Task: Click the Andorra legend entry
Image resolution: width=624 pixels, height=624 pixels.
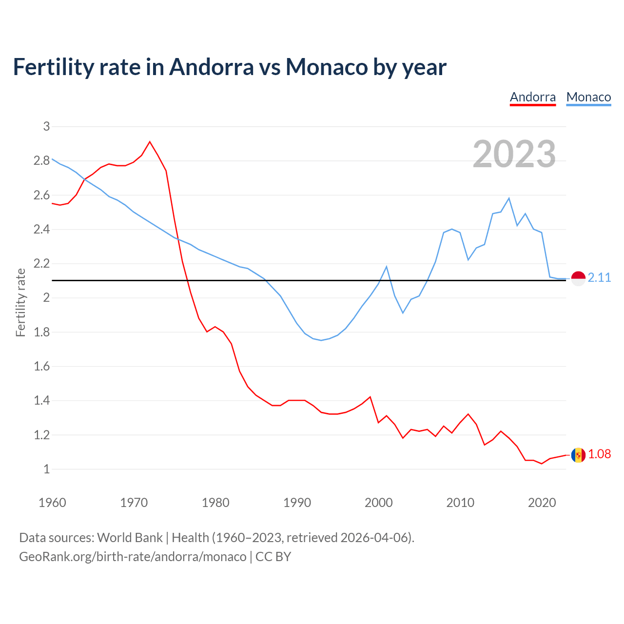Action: pyautogui.click(x=532, y=97)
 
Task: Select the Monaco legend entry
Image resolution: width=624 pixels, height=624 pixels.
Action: pyautogui.click(x=588, y=97)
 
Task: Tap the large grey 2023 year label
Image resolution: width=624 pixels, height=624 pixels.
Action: pyautogui.click(x=514, y=154)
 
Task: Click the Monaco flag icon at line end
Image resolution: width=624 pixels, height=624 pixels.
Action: pyautogui.click(x=578, y=278)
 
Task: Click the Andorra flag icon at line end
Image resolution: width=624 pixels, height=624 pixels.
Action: pyautogui.click(x=578, y=455)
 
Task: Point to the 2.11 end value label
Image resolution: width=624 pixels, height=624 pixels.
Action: pyautogui.click(x=599, y=277)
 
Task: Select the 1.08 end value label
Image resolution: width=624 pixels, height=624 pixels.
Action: pyautogui.click(x=599, y=454)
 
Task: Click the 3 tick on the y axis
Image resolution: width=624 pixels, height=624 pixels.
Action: pyautogui.click(x=46, y=126)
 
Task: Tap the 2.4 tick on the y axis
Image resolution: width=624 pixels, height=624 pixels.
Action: pyautogui.click(x=41, y=229)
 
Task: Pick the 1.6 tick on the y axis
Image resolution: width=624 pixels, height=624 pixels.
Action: pyautogui.click(x=41, y=366)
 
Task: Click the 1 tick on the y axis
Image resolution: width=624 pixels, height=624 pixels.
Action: pyautogui.click(x=46, y=469)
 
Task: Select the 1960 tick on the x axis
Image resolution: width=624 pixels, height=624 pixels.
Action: pyautogui.click(x=52, y=503)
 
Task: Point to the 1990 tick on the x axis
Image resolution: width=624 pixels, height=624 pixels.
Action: pyautogui.click(x=297, y=503)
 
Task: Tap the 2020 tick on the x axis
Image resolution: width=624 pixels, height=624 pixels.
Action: pyautogui.click(x=542, y=503)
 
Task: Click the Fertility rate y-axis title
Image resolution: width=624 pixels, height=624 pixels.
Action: pyautogui.click(x=20, y=302)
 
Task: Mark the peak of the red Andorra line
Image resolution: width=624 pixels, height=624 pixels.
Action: pyautogui.click(x=150, y=142)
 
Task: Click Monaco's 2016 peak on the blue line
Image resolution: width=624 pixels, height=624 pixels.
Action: pyautogui.click(x=509, y=198)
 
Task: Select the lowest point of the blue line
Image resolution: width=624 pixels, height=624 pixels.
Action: pyautogui.click(x=321, y=340)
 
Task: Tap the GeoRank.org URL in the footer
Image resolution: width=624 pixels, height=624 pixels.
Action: pyautogui.click(x=133, y=557)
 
